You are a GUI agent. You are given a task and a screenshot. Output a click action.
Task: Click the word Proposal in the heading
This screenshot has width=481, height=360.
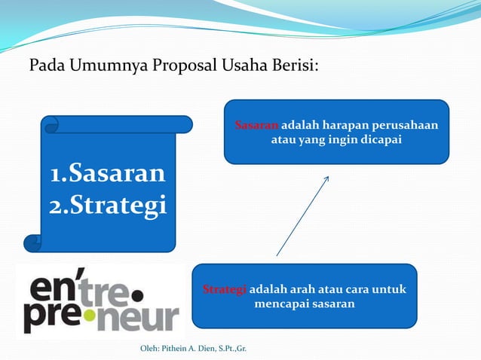click(x=182, y=66)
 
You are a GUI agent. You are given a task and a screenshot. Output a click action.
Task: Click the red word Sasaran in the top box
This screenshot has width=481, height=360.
click(x=256, y=125)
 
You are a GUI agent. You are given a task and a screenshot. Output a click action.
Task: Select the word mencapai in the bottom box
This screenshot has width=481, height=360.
click(x=281, y=304)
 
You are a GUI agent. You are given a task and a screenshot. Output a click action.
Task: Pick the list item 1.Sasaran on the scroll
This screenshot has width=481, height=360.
click(x=107, y=174)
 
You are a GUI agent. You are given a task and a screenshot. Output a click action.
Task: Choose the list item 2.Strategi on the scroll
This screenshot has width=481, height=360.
click(x=107, y=206)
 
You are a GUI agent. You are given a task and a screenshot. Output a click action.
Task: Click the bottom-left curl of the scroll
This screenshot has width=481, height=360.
click(x=33, y=243)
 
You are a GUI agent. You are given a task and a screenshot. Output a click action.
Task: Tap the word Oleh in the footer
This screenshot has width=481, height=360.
click(x=149, y=349)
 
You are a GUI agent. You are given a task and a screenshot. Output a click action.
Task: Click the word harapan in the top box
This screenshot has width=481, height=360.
click(x=343, y=125)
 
